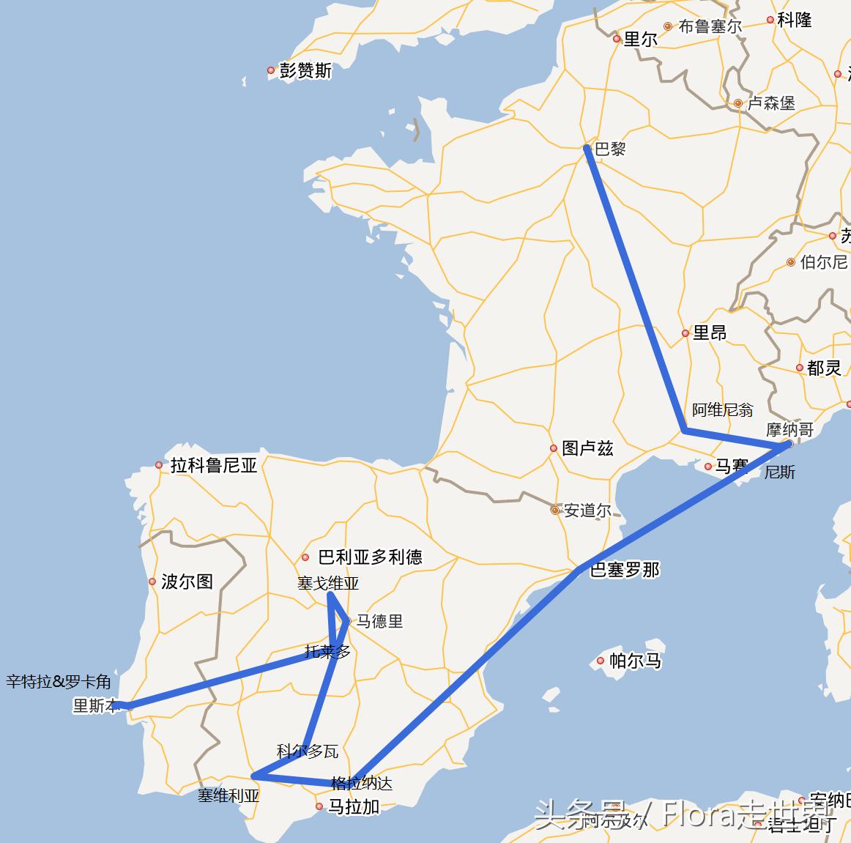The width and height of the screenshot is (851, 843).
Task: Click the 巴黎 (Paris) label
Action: click(610, 149)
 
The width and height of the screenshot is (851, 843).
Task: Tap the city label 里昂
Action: click(709, 333)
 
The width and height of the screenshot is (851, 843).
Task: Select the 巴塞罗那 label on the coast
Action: click(625, 570)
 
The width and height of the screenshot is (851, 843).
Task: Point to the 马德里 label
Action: click(379, 621)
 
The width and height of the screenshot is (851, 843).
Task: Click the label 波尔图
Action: click(187, 582)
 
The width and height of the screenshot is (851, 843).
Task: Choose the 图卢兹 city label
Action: click(587, 448)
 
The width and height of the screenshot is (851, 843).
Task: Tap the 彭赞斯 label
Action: click(305, 70)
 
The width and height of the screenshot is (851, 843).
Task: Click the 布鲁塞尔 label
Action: click(710, 26)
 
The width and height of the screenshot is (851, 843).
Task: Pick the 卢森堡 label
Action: click(771, 103)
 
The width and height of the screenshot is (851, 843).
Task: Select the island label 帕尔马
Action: click(635, 661)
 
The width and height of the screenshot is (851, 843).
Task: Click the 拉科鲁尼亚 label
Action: click(214, 465)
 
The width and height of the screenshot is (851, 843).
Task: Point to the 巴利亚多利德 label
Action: click(370, 557)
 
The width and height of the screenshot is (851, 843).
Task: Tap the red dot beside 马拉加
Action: click(319, 806)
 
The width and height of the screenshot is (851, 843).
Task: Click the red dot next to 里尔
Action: click(617, 40)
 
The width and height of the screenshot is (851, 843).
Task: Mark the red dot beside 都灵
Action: click(800, 368)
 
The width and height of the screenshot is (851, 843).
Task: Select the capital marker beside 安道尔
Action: click(555, 510)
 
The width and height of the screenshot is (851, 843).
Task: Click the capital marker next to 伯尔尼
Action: click(791, 262)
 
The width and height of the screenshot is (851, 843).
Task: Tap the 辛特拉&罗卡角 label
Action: click(59, 682)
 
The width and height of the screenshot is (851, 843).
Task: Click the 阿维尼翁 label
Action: click(722, 409)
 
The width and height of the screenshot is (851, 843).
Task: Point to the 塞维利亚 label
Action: click(228, 795)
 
